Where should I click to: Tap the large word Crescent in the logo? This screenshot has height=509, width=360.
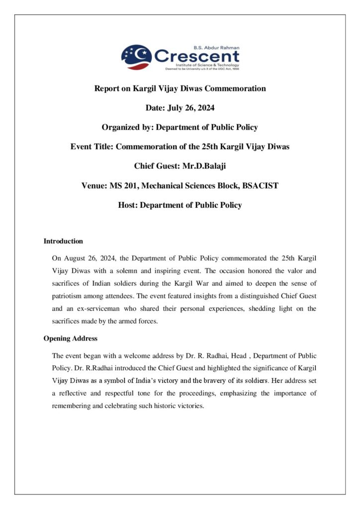[x=196, y=56]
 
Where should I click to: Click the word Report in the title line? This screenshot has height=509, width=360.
[x=106, y=88]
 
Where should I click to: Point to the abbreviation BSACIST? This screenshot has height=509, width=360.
[x=258, y=185]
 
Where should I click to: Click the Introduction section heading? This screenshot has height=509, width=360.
[x=63, y=242]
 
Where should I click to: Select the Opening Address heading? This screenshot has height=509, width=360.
[x=70, y=339]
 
